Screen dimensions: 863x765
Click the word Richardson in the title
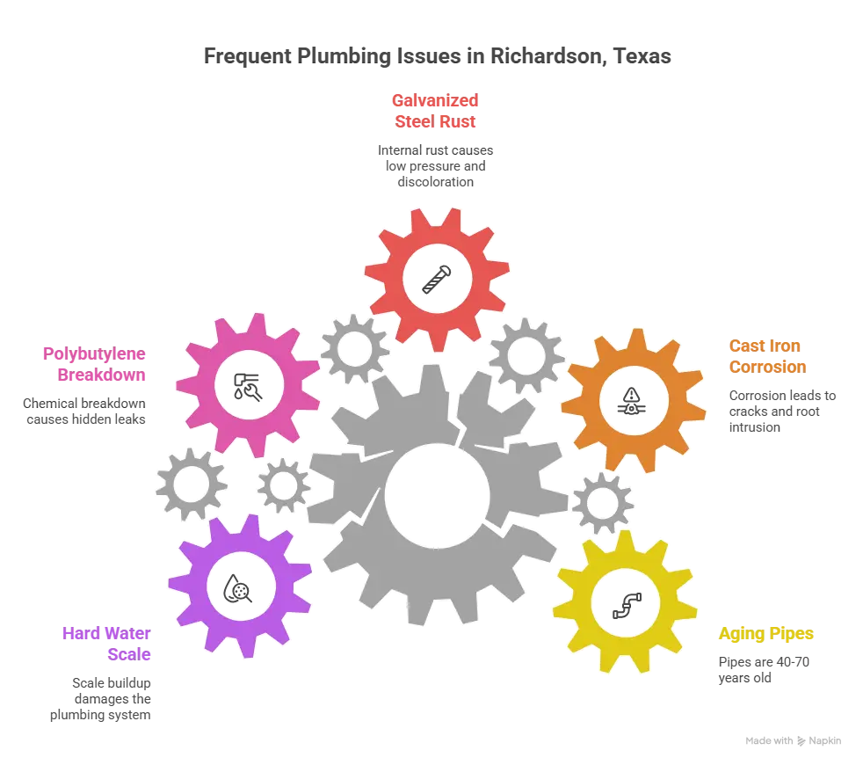point(548,56)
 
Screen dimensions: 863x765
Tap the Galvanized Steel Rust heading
point(435,111)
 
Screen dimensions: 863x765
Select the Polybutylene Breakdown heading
point(94,364)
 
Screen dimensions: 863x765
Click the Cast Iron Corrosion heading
point(768,356)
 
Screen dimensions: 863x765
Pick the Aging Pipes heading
point(765,633)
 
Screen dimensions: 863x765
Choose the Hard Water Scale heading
point(106,644)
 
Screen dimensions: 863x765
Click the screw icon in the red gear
point(437,280)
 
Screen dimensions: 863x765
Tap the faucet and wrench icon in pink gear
point(248,386)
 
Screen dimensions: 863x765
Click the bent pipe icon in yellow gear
point(627,606)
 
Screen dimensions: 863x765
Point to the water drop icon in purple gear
point(237,589)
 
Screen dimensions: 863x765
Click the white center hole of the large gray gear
point(437,495)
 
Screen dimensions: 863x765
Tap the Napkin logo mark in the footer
point(801,741)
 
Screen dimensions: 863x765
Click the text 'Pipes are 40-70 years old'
point(764,670)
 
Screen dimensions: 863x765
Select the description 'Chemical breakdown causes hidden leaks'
point(84,412)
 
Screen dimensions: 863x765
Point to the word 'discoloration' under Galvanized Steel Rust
point(435,182)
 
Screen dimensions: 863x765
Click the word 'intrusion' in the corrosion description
point(755,427)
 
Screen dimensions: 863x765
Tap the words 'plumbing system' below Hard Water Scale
point(100,715)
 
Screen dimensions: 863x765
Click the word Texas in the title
point(642,56)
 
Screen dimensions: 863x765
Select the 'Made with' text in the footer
point(769,740)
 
